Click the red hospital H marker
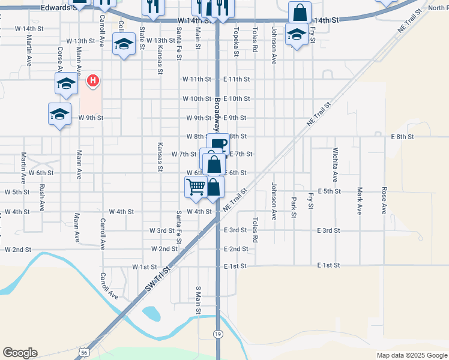(93, 80)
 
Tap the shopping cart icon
(196, 188)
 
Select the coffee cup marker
(219, 144)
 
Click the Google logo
(20, 353)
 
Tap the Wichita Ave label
(335, 164)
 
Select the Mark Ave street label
(360, 200)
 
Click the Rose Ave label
(384, 200)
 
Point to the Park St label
(294, 207)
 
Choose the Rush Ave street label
(41, 197)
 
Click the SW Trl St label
(158, 281)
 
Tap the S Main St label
(197, 299)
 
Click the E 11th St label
(236, 79)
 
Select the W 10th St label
(197, 98)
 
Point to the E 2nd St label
(236, 249)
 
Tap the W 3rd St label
(162, 230)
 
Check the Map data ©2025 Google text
(411, 355)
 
